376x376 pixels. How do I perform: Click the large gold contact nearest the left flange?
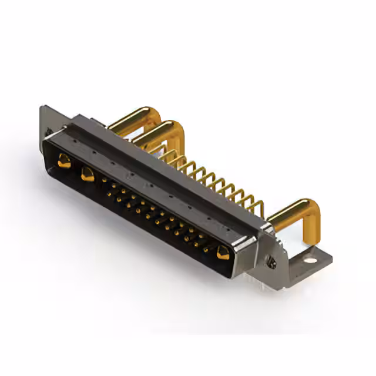coord(64,160)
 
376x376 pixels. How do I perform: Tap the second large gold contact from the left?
coord(88,173)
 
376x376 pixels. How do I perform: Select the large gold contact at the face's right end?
coord(223,253)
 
